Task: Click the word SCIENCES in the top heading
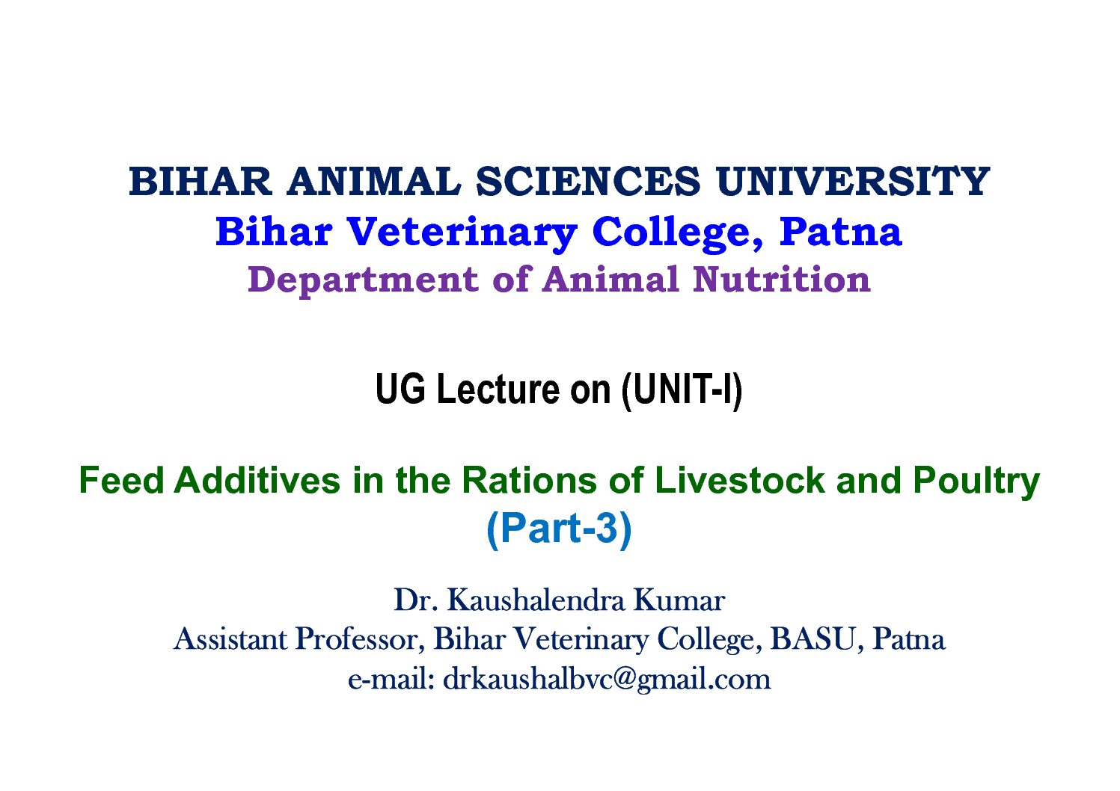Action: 588,181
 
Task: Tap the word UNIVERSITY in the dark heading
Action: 853,181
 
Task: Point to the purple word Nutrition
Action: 782,280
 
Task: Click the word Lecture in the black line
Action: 499,390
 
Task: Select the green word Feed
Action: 121,481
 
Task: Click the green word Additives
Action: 257,481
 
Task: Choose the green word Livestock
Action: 739,481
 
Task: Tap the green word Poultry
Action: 977,483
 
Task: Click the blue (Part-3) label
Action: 560,529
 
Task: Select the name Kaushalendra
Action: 536,600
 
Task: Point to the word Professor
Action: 360,639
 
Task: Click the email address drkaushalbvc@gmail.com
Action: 607,680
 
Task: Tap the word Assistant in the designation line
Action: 230,638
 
